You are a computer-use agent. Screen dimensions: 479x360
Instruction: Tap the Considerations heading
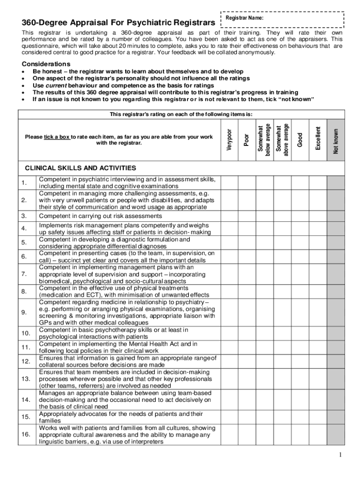pos(46,64)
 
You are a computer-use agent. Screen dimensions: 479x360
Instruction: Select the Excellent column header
pos(318,138)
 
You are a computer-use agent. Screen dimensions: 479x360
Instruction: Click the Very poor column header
pos(229,139)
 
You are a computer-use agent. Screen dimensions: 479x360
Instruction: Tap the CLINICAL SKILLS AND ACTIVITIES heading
pos(80,168)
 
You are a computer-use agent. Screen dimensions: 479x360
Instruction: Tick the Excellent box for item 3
pos(318,216)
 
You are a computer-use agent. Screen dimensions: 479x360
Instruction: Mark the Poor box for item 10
pos(247,333)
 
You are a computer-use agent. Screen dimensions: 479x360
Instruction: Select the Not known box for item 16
pos(336,435)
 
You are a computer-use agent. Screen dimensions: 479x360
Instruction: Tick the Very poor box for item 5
pos(229,242)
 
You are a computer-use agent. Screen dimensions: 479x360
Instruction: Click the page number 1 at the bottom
pos(341,456)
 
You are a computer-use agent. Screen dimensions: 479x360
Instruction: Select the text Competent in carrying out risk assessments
pos(101,216)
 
